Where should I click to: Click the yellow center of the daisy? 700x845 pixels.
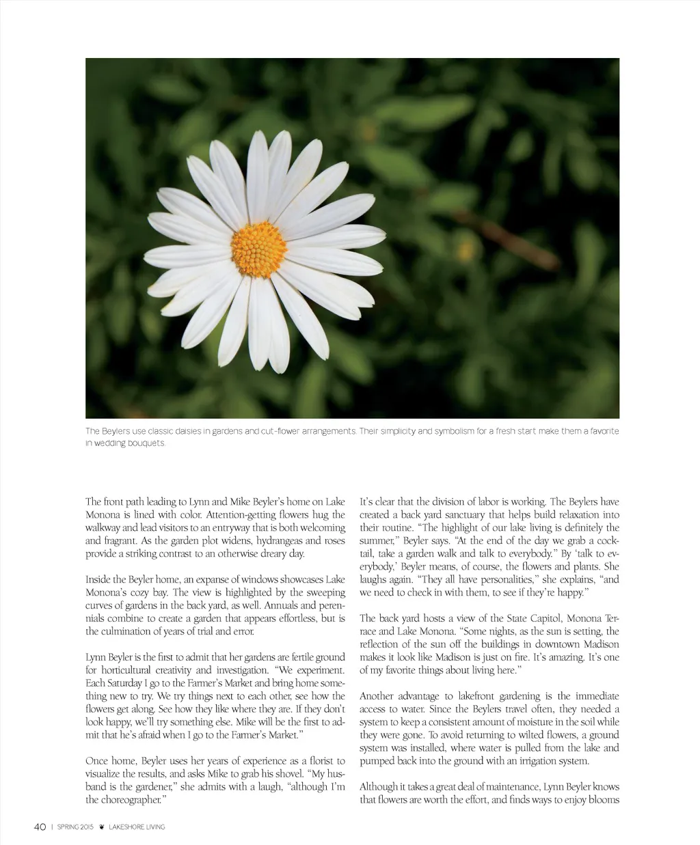point(258,249)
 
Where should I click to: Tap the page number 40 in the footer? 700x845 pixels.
point(40,827)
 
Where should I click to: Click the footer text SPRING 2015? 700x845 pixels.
point(75,827)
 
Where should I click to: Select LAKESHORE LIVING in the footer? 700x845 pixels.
point(137,827)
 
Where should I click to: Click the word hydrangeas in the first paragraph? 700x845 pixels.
point(256,540)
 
